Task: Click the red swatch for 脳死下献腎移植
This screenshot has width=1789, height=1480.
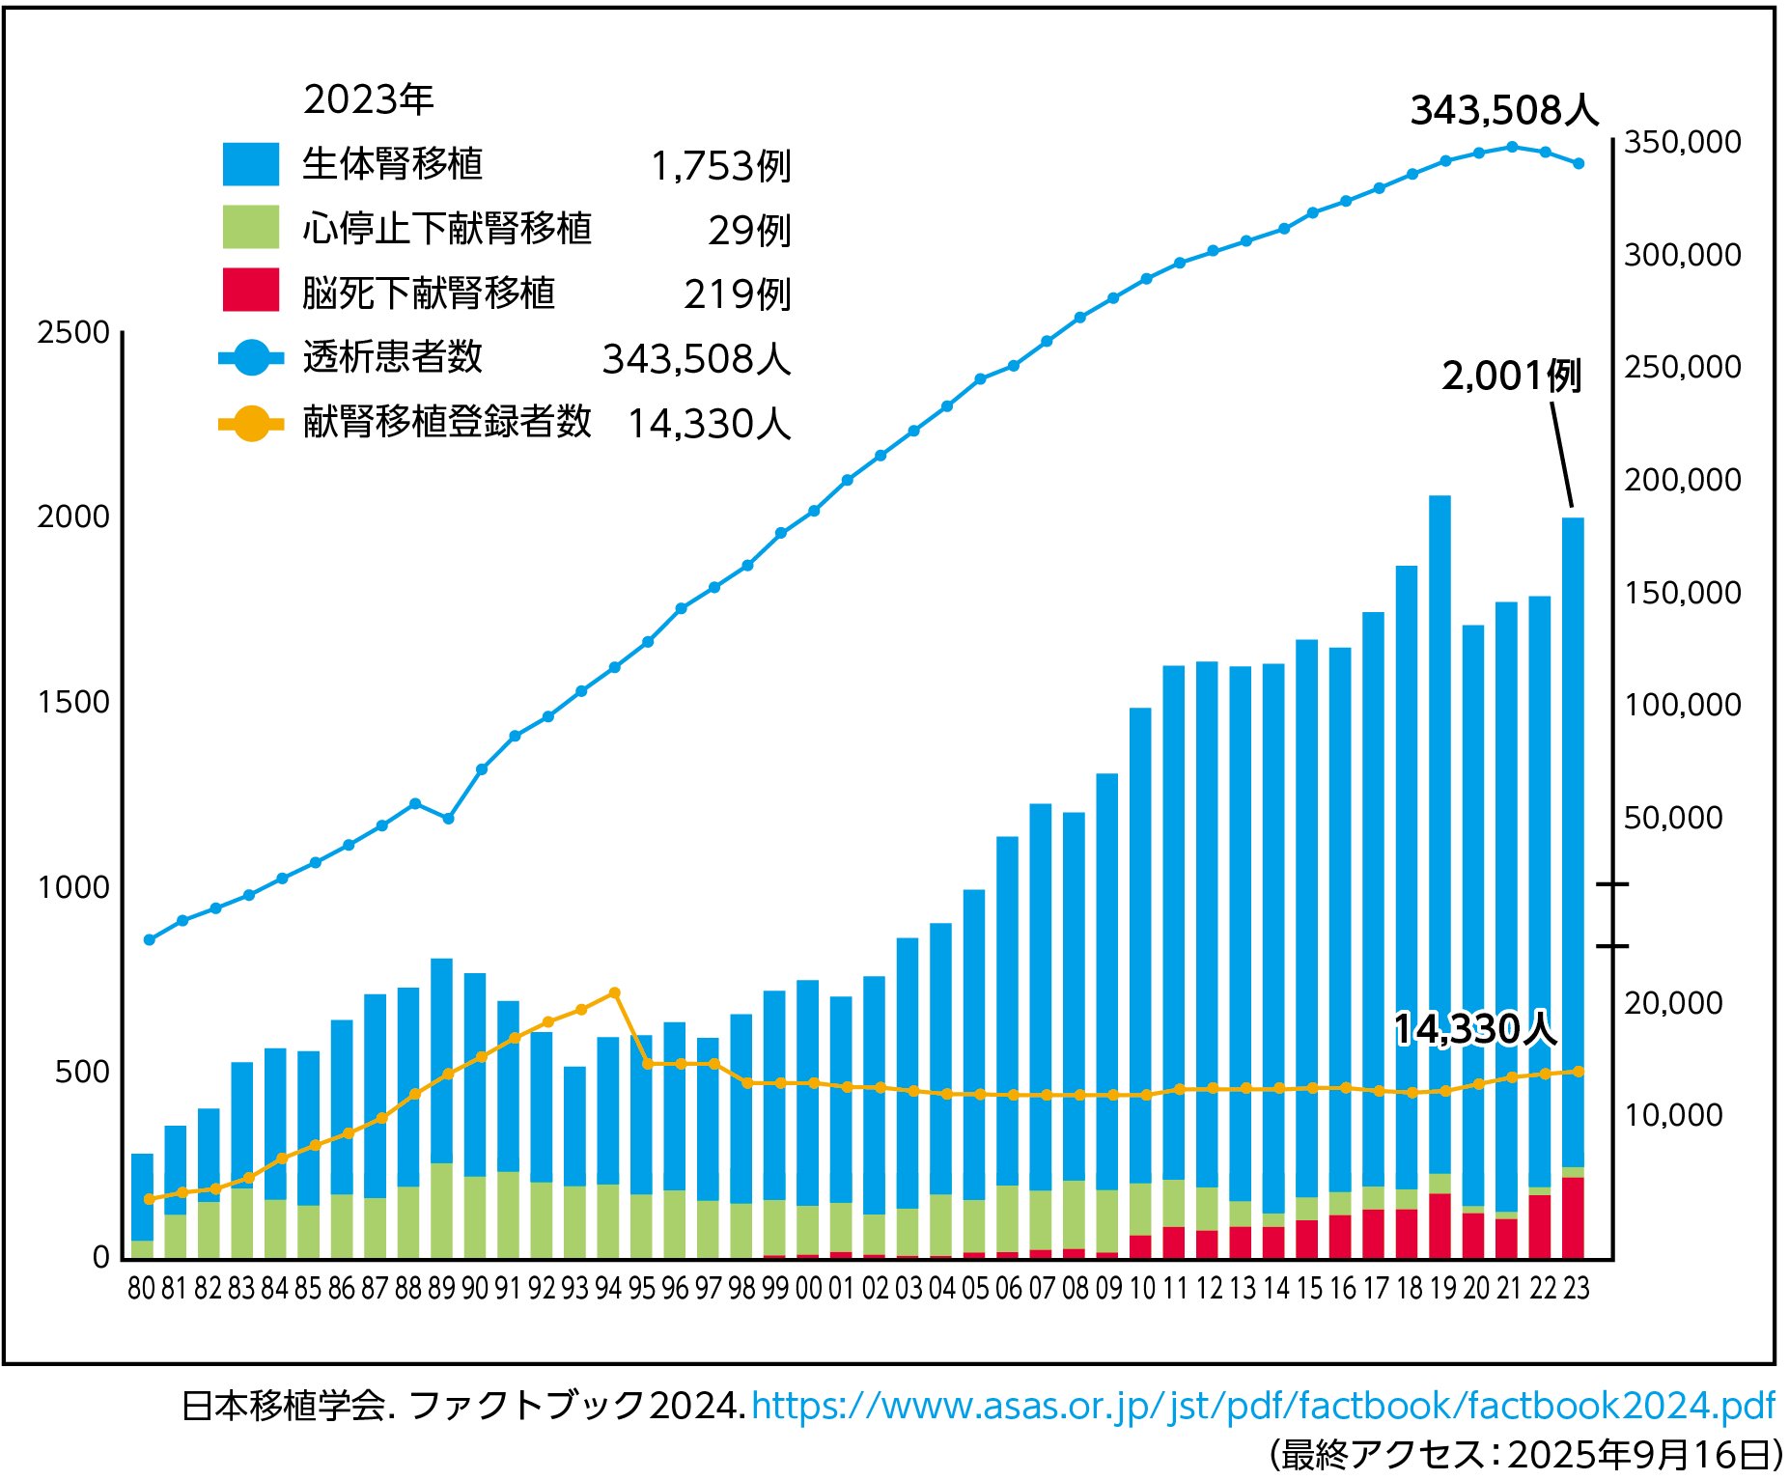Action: point(250,291)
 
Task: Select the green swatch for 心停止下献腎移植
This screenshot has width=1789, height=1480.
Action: point(250,227)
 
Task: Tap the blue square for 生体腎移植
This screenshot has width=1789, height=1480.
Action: point(250,163)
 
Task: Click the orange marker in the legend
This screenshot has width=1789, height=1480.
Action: point(251,423)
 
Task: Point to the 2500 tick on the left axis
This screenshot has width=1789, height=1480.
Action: point(73,333)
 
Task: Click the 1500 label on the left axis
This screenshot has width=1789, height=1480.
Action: point(73,703)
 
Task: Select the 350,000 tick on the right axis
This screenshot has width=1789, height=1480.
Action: point(1682,143)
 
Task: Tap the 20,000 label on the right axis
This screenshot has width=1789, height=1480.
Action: point(1672,1004)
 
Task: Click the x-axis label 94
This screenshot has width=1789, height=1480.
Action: point(608,1289)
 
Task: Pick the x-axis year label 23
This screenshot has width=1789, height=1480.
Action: point(1576,1289)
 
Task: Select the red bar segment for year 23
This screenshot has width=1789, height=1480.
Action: point(1573,1218)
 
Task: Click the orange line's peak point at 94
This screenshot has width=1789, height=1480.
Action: point(615,993)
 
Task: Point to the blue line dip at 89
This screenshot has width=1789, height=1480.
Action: point(448,819)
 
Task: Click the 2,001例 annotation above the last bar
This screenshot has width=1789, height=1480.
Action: point(1511,377)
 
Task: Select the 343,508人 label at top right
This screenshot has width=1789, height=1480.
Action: point(1503,111)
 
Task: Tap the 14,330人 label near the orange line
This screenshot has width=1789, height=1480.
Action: point(1474,1030)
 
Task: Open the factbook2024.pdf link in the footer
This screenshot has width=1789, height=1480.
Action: point(1263,1406)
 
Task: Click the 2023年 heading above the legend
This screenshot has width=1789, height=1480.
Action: point(368,99)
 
